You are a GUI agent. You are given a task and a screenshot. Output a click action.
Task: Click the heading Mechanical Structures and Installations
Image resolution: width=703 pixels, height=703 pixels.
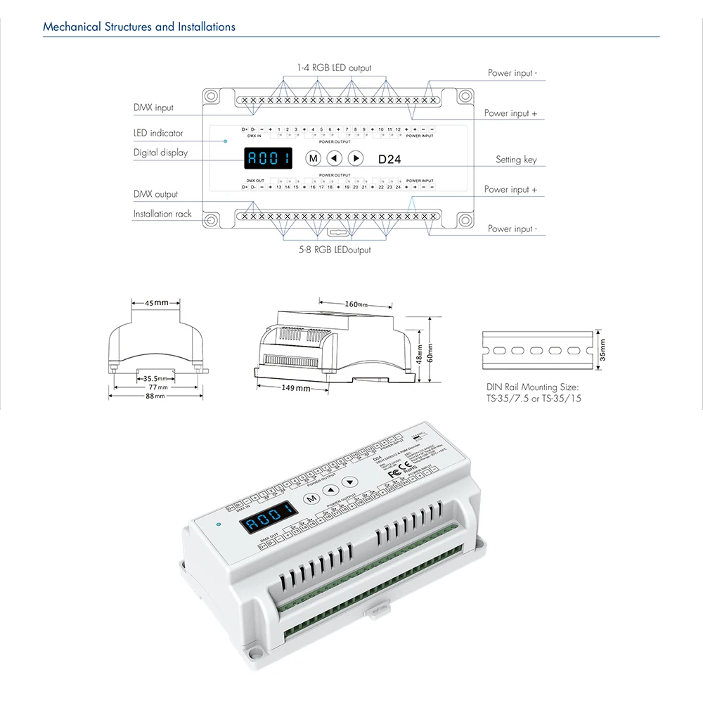pyautogui.click(x=139, y=27)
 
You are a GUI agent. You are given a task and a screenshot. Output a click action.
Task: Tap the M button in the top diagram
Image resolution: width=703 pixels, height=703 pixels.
pyautogui.click(x=314, y=158)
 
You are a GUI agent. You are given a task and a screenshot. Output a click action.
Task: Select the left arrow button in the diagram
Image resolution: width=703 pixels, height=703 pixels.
pyautogui.click(x=335, y=158)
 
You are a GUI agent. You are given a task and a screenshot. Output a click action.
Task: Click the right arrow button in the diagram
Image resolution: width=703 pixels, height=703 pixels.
pyautogui.click(x=356, y=158)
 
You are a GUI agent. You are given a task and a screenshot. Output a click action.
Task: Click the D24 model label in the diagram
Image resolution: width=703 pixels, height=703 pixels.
pyautogui.click(x=389, y=160)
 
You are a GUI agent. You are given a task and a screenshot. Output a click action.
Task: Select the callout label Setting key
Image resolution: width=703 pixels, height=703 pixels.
pyautogui.click(x=516, y=160)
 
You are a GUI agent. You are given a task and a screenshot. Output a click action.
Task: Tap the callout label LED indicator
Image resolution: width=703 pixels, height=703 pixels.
pyautogui.click(x=158, y=133)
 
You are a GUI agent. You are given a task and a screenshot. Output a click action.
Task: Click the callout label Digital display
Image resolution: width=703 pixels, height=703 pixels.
pyautogui.click(x=160, y=153)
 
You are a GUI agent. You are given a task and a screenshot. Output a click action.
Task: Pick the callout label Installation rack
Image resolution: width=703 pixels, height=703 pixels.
pyautogui.click(x=162, y=214)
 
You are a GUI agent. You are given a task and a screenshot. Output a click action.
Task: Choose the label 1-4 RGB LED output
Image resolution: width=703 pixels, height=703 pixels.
pyautogui.click(x=334, y=68)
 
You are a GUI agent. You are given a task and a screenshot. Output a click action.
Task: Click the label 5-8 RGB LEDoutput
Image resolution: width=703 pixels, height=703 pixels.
pyautogui.click(x=333, y=250)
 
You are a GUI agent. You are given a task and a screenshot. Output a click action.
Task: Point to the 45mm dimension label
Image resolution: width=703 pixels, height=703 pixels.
pyautogui.click(x=157, y=303)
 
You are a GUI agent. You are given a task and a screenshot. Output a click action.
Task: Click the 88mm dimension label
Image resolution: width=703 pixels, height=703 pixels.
pyautogui.click(x=155, y=396)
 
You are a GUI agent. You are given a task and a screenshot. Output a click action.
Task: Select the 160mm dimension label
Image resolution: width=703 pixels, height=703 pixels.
pyautogui.click(x=356, y=304)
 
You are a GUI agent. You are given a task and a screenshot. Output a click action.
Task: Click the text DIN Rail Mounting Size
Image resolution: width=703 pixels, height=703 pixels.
pyautogui.click(x=532, y=387)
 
